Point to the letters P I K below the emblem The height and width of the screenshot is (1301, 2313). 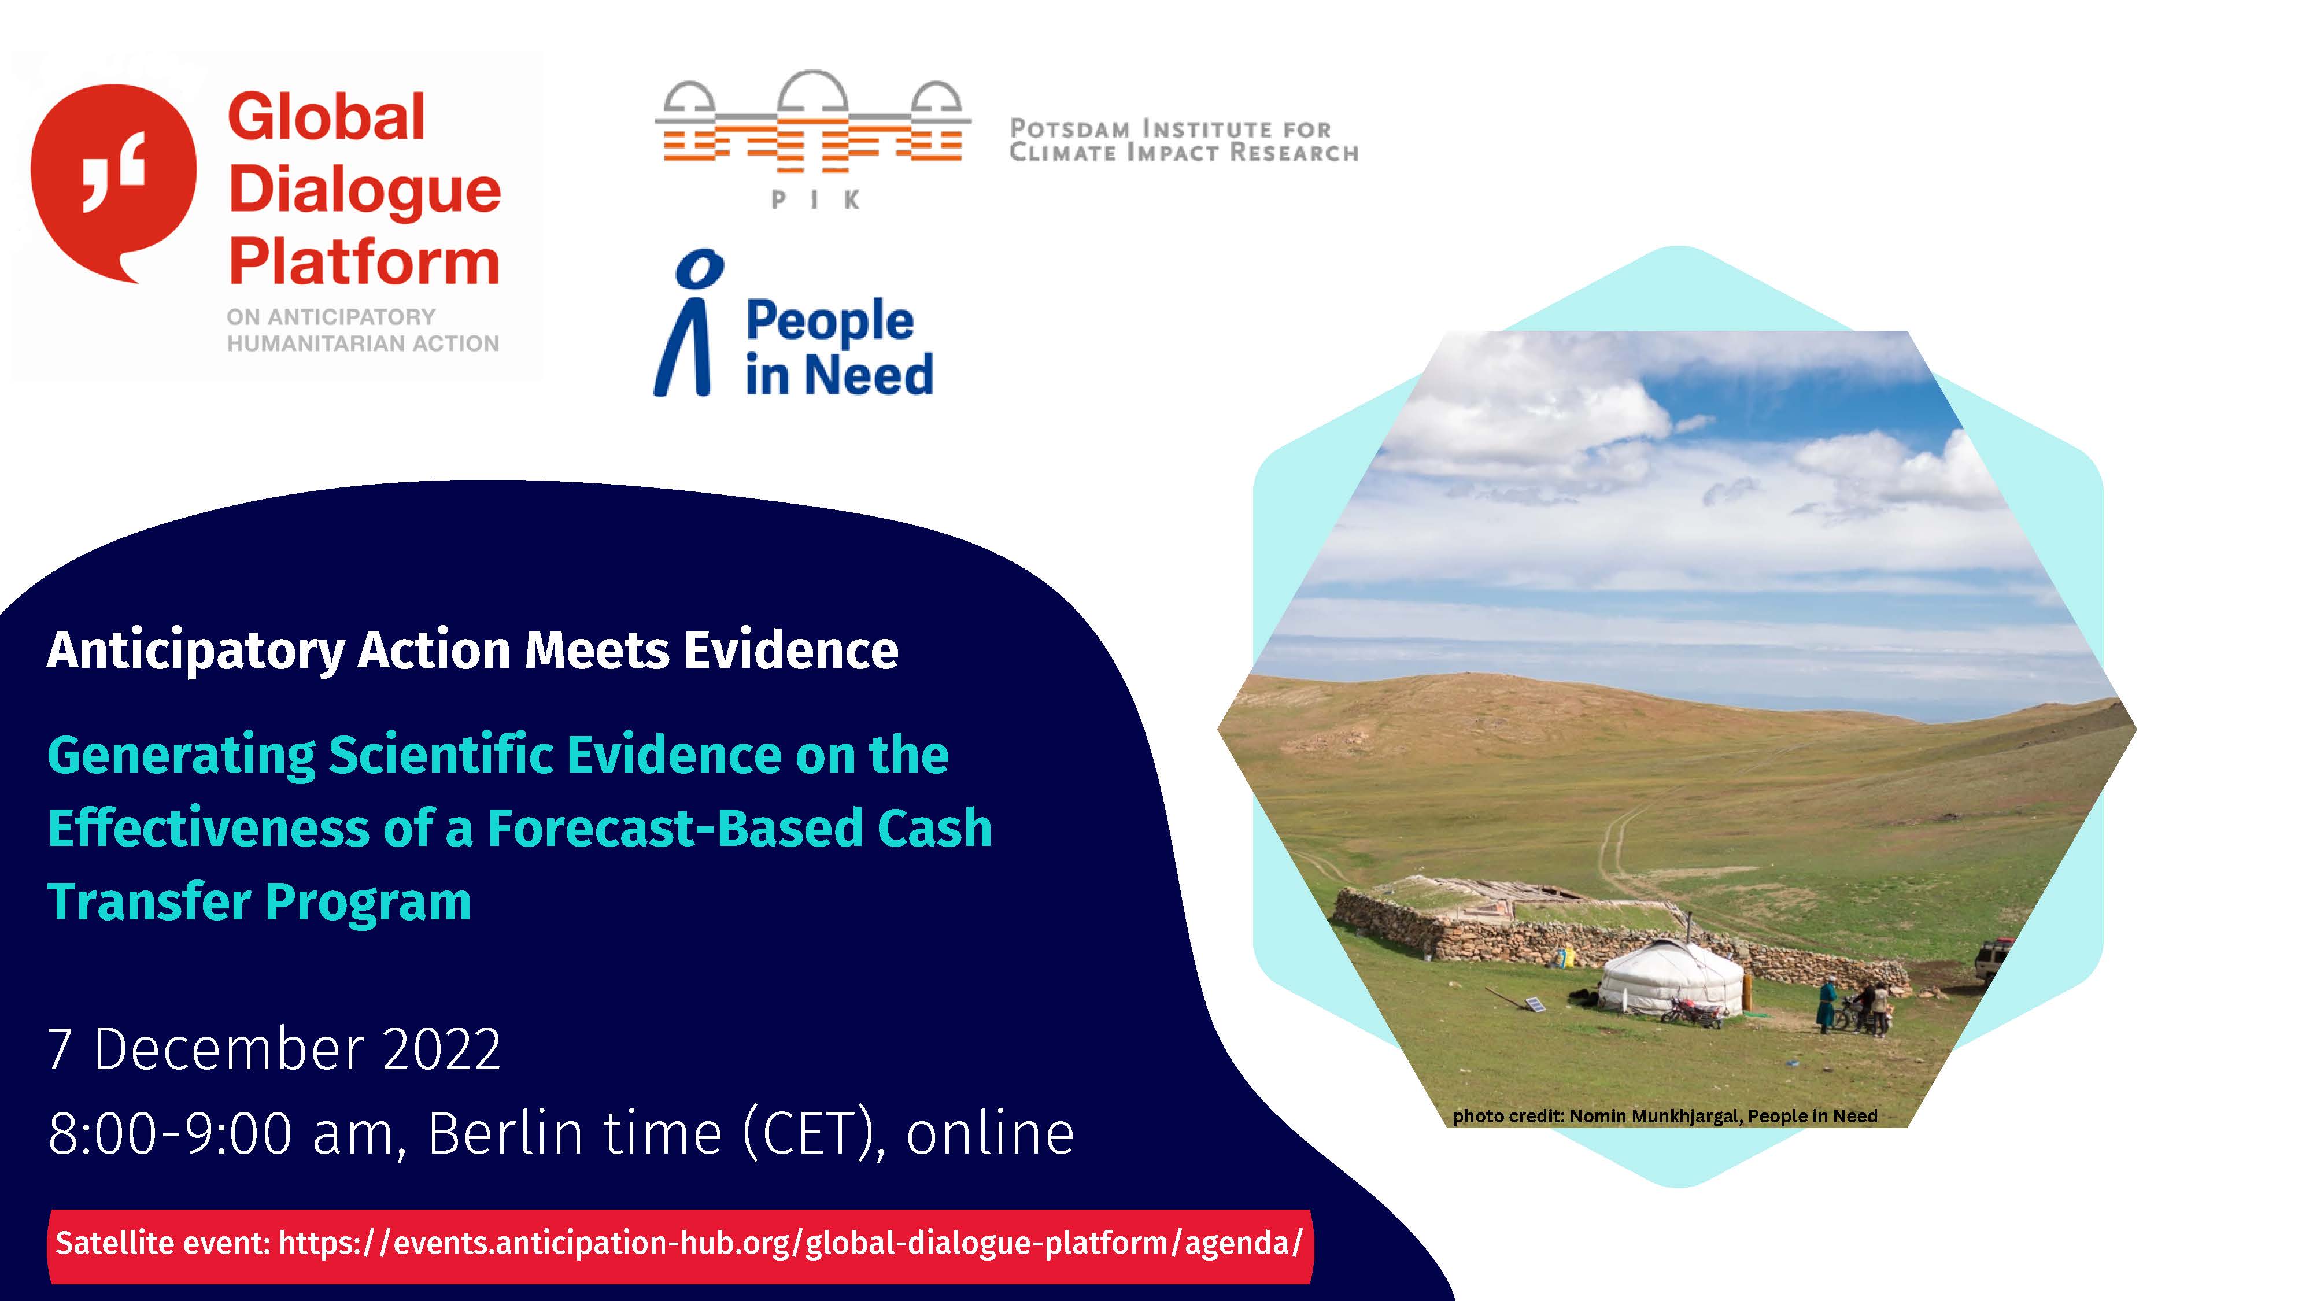pyautogui.click(x=815, y=199)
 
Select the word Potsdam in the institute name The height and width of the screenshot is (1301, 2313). pyautogui.click(x=1069, y=130)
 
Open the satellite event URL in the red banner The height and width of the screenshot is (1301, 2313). pyautogui.click(x=790, y=1243)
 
